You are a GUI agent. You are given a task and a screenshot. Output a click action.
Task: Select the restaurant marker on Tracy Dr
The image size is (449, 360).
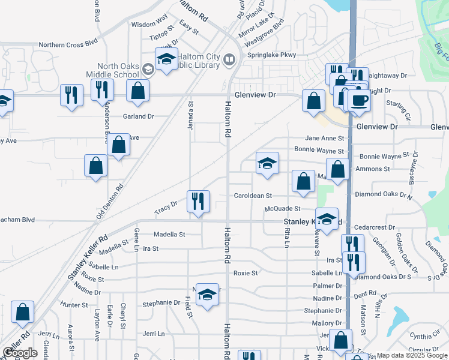(x=198, y=201)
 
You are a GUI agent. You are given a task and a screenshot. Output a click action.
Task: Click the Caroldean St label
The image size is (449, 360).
(x=253, y=196)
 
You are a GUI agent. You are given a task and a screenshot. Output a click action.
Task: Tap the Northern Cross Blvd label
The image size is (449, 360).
(x=68, y=44)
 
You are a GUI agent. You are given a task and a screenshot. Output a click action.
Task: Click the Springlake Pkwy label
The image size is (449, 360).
(x=272, y=55)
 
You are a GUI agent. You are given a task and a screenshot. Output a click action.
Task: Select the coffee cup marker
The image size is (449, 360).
(x=359, y=100)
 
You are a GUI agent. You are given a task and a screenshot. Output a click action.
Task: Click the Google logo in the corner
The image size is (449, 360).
(x=20, y=353)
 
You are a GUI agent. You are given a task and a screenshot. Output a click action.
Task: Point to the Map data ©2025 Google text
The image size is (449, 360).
(x=412, y=356)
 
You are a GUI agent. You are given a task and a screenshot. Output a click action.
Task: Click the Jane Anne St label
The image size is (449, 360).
(x=324, y=138)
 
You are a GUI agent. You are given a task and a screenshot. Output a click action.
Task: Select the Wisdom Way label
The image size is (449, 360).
(x=149, y=24)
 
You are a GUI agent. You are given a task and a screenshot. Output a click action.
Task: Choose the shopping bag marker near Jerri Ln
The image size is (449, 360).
(x=23, y=312)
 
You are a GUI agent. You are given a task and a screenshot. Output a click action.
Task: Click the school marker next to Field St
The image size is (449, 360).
(x=207, y=295)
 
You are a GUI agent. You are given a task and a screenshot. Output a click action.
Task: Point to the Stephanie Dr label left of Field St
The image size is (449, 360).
(x=161, y=304)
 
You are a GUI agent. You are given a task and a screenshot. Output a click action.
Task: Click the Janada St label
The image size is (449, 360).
(x=191, y=112)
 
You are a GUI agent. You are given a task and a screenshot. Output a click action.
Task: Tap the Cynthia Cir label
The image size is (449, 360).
(x=424, y=337)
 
